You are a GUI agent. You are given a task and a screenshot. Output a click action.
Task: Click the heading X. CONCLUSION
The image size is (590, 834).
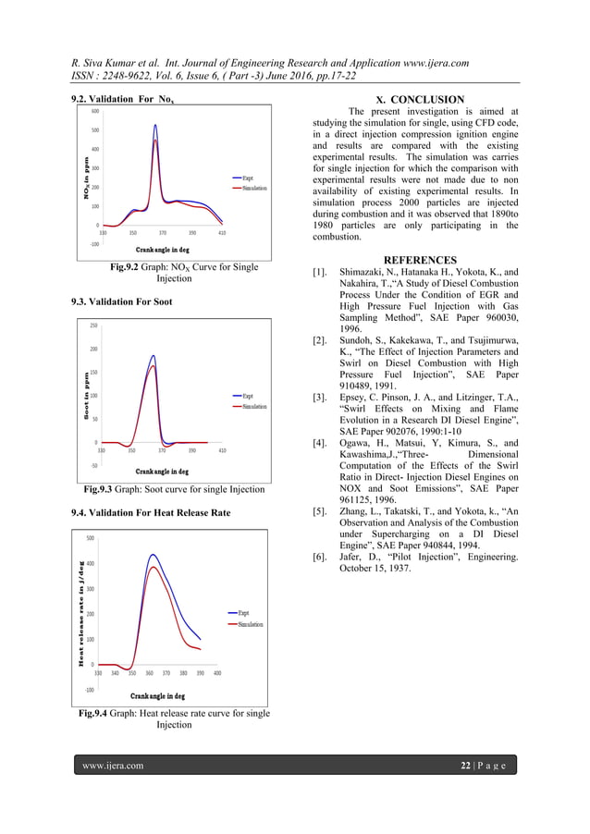419,99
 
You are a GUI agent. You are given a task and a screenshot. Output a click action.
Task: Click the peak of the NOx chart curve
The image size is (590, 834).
155,125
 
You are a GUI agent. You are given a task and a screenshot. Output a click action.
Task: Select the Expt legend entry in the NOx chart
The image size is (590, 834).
249,178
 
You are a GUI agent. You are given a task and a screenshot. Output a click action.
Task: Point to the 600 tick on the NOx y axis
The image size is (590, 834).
95,111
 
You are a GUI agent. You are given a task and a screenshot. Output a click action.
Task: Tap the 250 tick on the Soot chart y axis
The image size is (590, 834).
94,325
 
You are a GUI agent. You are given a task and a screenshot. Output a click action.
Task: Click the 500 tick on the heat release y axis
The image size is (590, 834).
90,538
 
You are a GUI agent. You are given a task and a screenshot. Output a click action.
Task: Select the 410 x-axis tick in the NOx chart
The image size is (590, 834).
222,234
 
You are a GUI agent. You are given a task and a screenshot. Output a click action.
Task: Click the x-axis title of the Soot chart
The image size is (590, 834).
163,471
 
